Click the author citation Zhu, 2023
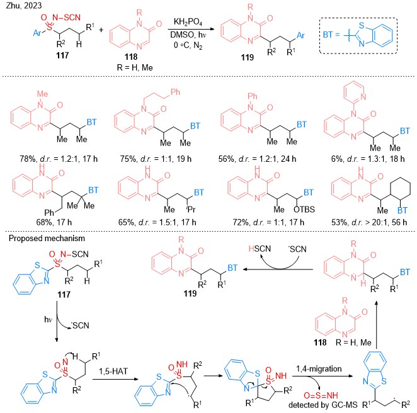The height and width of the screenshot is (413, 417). (24, 5)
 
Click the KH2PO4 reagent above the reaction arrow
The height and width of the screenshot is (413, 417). (188, 22)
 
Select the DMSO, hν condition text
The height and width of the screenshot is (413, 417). (188, 35)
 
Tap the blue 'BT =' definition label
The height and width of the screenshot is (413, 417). (331, 35)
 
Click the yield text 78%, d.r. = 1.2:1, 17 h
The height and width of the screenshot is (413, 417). (59, 159)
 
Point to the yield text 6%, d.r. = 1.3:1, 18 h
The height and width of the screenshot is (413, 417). (368, 159)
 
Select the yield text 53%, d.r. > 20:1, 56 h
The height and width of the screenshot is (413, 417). (369, 222)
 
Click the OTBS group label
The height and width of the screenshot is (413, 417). (304, 210)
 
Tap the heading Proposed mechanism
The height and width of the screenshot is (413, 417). (47, 238)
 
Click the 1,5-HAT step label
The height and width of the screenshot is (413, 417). (113, 371)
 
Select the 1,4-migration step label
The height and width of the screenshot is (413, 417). (319, 369)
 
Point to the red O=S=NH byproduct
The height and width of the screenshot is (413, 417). (321, 395)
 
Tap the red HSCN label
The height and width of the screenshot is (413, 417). (260, 249)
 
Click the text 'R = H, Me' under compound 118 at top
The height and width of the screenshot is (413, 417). (135, 67)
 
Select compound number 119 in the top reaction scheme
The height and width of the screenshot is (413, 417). (248, 57)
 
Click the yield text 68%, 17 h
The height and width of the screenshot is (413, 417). (54, 222)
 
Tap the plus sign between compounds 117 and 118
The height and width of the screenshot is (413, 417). (101, 30)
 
